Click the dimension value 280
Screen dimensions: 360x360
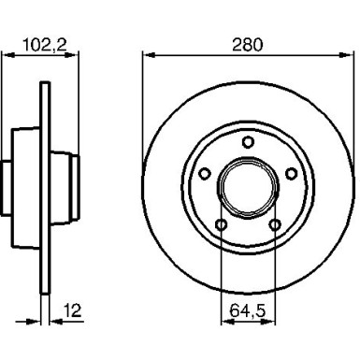click(248, 43)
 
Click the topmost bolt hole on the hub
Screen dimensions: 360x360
click(248, 141)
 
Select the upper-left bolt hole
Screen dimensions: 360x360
click(205, 172)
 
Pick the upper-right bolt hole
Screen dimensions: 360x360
click(290, 172)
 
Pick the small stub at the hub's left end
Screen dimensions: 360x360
click(6, 186)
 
